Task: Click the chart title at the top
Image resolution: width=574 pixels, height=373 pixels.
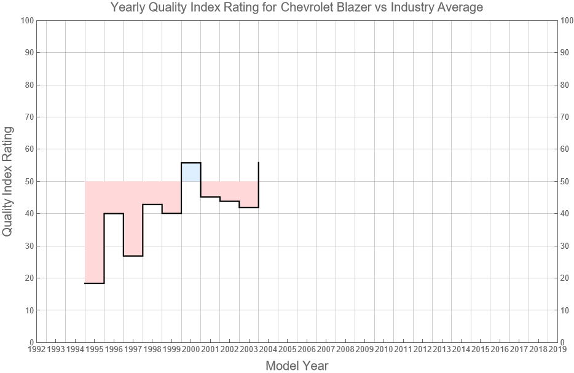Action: pos(297,8)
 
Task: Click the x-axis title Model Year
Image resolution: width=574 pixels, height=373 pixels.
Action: pos(297,366)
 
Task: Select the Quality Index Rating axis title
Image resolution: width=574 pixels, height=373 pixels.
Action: pos(9,181)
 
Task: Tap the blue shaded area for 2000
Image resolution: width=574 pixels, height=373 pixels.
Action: pos(191,172)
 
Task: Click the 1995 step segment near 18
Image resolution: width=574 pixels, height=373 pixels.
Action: pos(95,283)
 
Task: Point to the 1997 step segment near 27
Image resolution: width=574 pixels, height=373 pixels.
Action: pos(133,256)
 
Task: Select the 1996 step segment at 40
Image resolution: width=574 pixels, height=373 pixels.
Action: pos(114,213)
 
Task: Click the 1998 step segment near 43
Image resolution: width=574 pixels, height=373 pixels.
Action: pos(152,205)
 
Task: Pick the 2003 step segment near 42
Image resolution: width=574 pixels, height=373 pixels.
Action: pos(249,208)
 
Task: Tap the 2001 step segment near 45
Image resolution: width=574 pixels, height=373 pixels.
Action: pos(210,197)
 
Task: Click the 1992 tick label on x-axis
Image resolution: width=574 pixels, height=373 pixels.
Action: pos(37,350)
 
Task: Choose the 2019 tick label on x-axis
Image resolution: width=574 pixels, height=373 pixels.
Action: pos(557,350)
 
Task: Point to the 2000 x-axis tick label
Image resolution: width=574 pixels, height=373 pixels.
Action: pos(191,350)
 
